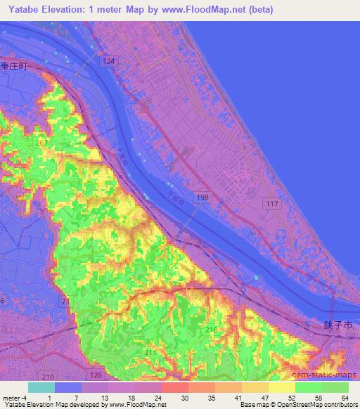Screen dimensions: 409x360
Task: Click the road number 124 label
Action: [x=108, y=62]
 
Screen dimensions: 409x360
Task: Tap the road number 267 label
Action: [x=42, y=144]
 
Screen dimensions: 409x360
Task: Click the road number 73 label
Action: [x=66, y=301]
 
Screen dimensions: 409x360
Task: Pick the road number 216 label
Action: [x=212, y=329]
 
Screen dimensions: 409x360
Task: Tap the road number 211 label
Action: [x=150, y=352]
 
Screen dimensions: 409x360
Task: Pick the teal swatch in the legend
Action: [x=41, y=387]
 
